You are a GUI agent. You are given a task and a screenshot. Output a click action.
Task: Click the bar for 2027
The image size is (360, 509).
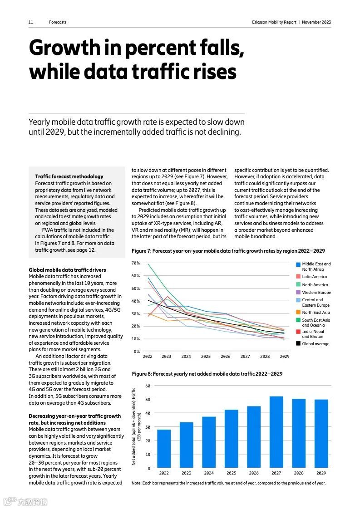tap(276, 432)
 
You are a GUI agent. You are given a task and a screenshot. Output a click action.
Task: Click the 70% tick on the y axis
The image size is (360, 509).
tap(136, 263)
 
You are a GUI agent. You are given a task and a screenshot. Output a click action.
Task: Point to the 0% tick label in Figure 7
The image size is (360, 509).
tap(137, 352)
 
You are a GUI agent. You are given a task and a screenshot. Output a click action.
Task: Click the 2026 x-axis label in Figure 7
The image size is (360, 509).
tap(226, 357)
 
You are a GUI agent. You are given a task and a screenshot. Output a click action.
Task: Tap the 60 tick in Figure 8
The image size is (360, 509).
tap(148, 386)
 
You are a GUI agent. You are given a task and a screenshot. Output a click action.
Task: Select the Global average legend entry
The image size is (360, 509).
tap(316, 344)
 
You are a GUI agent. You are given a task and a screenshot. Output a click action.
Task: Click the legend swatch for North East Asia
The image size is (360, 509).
tap(298, 312)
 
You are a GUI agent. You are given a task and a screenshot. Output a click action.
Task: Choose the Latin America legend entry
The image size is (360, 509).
tap(314, 277)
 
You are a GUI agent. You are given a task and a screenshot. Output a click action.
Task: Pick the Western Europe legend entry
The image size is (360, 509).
tap(316, 293)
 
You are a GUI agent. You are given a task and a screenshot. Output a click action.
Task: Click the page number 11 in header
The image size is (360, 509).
tap(31, 22)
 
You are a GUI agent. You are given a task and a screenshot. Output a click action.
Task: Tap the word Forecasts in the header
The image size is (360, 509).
tap(58, 22)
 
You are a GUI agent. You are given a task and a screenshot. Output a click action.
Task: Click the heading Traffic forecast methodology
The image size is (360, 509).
tap(69, 176)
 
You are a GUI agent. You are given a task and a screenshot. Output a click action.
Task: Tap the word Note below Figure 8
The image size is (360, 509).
tap(136, 483)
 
